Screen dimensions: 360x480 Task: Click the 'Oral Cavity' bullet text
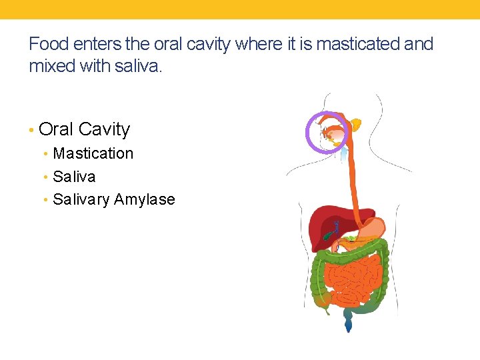(84, 129)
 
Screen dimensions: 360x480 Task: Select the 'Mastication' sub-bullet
(93, 153)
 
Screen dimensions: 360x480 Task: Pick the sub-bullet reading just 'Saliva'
(74, 177)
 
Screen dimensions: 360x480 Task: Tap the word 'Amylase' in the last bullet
(145, 199)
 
